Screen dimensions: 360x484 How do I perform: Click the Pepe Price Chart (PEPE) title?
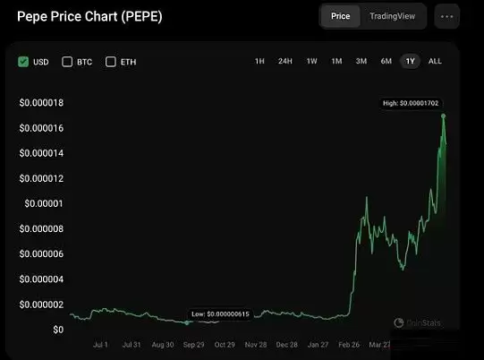click(90, 17)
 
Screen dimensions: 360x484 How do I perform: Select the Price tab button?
click(340, 16)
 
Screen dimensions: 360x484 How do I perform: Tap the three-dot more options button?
click(447, 16)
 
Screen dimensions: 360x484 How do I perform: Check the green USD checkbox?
click(23, 62)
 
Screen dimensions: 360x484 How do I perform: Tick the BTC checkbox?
click(67, 62)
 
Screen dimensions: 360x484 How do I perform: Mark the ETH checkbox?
click(111, 62)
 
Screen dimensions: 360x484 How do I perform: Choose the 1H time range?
click(259, 62)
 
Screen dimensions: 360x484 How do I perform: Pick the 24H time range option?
click(284, 62)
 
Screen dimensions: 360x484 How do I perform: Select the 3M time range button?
click(361, 62)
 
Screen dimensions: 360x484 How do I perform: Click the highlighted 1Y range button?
click(411, 62)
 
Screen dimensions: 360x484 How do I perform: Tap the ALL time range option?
click(435, 62)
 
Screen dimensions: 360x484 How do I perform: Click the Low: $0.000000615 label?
click(220, 314)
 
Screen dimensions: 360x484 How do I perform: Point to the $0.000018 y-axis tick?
click(41, 103)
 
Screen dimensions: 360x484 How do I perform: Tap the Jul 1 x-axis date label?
click(100, 344)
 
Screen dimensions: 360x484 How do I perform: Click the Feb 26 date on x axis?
click(349, 344)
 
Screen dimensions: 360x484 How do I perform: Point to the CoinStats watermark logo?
click(417, 322)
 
